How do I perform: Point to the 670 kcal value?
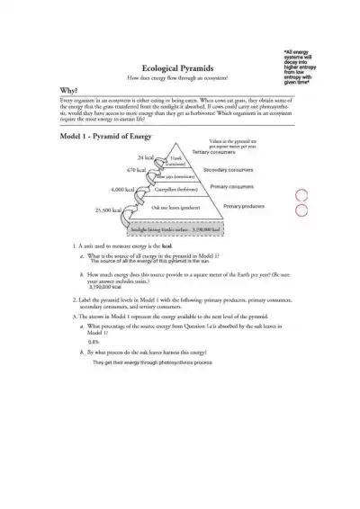click(x=136, y=169)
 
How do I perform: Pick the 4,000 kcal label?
click(x=122, y=191)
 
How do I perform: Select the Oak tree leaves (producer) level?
click(x=175, y=207)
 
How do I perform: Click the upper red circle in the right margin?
click(x=328, y=195)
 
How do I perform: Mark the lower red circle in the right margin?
click(x=328, y=211)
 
